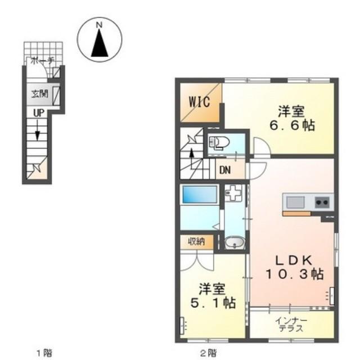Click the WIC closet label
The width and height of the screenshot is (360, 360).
pos(199,102)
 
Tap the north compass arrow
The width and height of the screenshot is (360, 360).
pos(100,43)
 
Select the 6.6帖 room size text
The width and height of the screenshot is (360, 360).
pos(292,125)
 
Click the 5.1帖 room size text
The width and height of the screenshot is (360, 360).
pos(213,303)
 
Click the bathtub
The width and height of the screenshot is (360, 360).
pos(200,194)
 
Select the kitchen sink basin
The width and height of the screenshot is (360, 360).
pos(295,202)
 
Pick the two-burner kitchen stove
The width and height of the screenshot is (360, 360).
pos(323,202)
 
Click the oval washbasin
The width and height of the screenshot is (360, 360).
pos(235,242)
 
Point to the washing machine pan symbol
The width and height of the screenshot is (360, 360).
pos(233,193)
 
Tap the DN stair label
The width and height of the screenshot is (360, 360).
pos(225,170)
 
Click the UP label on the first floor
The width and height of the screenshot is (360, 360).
pos(39,113)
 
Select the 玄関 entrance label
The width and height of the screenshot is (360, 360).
pos(40,94)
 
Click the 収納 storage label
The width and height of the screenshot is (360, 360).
pos(196,241)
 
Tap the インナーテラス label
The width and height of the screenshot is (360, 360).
pos(291,325)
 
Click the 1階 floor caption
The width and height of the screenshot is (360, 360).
pos(44,352)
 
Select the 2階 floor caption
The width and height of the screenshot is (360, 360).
pos(208,352)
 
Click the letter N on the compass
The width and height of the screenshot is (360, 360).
pos(99,25)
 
